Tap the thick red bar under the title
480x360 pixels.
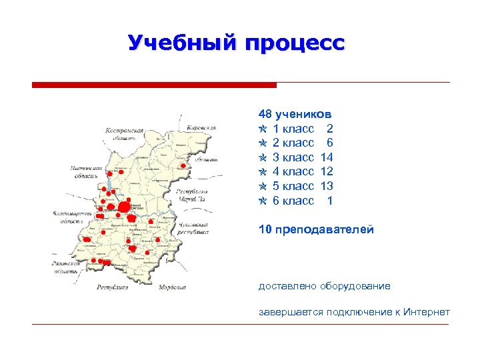(x=154, y=85)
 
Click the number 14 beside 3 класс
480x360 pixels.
(x=326, y=157)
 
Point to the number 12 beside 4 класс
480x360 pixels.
(x=326, y=172)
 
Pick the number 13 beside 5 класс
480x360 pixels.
(x=326, y=186)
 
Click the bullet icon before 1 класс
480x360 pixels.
(x=263, y=129)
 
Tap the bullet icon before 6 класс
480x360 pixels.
(x=263, y=201)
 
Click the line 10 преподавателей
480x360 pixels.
(x=316, y=230)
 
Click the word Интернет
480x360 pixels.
(x=427, y=312)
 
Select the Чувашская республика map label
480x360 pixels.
(x=193, y=229)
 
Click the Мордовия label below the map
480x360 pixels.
(x=173, y=287)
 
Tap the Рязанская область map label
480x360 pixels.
(x=66, y=267)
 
